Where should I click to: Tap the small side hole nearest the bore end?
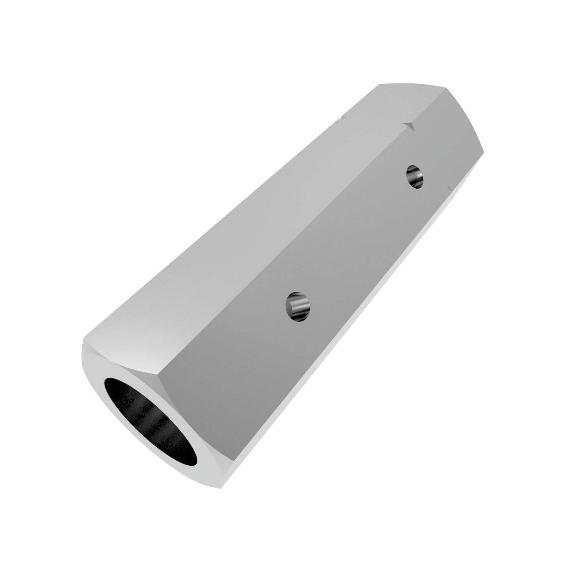[x=298, y=307]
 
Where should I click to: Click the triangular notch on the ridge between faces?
[x=409, y=126]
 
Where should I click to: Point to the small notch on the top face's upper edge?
[x=342, y=116]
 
